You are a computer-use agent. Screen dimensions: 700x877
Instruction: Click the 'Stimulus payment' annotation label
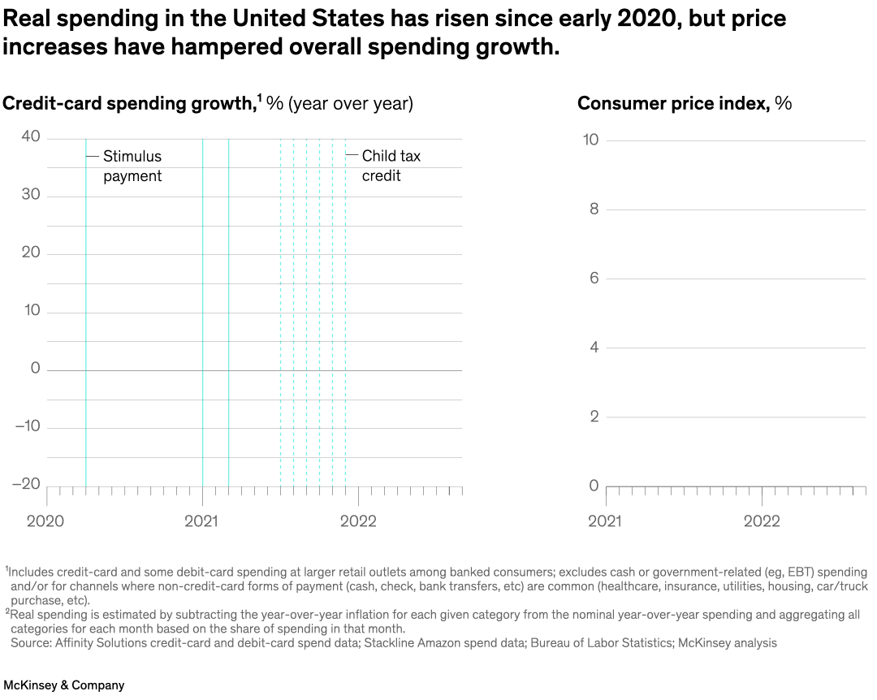click(x=132, y=166)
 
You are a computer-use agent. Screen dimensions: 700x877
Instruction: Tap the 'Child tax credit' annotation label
click(x=391, y=166)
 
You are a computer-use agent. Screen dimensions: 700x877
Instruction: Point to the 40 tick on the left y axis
click(x=31, y=136)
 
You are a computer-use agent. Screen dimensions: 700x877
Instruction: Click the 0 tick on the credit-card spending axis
click(x=35, y=369)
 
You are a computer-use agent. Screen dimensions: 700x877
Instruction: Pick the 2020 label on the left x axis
click(x=45, y=521)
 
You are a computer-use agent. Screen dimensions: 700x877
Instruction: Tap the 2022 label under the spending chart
click(x=358, y=521)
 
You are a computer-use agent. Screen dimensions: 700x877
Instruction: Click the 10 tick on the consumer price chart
click(x=590, y=140)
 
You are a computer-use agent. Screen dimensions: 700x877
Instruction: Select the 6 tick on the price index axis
click(x=594, y=278)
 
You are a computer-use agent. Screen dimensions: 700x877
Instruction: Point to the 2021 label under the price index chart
click(x=605, y=521)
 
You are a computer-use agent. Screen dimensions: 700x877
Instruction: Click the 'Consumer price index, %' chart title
click(x=684, y=103)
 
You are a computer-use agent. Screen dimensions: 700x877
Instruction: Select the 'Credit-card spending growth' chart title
click(x=130, y=103)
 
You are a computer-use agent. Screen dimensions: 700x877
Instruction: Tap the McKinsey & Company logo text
click(x=64, y=685)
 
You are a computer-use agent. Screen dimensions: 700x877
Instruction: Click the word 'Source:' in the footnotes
click(x=30, y=643)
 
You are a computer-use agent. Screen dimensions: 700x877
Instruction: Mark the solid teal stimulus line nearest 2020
click(x=85, y=325)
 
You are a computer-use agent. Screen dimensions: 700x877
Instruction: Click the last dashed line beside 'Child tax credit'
click(x=345, y=325)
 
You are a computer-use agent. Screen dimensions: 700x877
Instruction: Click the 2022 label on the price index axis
click(x=762, y=521)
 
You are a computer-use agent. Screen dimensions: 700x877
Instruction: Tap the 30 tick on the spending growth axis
click(x=31, y=196)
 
